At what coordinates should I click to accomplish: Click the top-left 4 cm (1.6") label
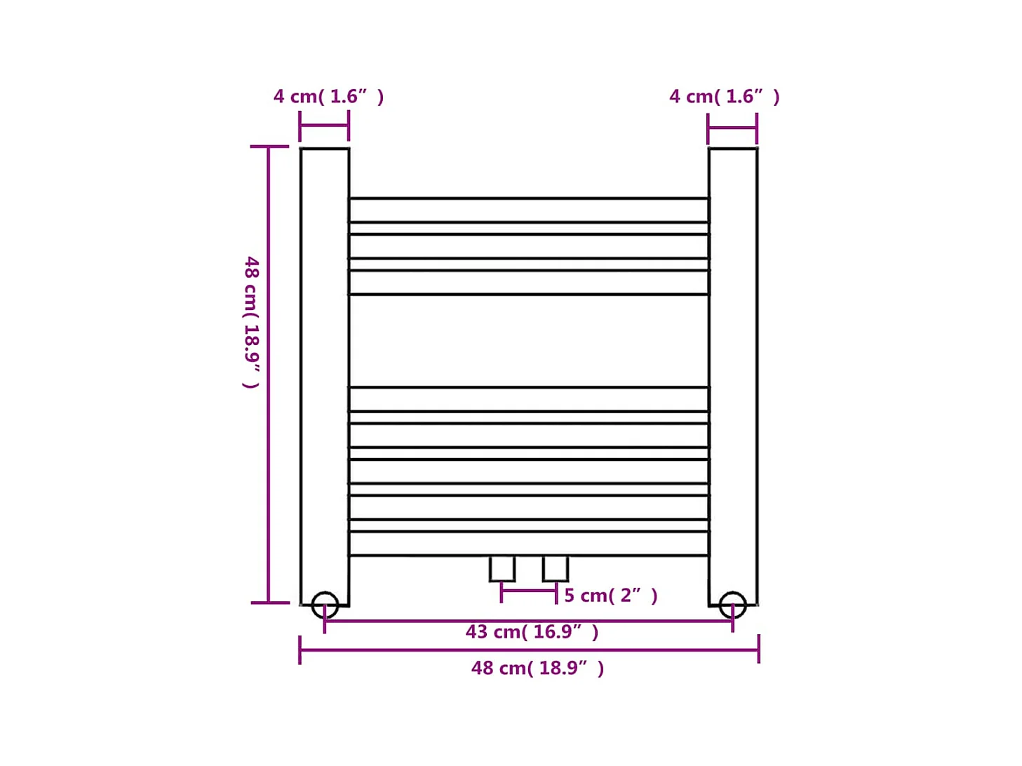click(x=328, y=97)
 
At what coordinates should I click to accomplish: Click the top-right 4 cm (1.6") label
click(x=724, y=97)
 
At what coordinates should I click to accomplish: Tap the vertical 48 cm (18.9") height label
click(x=252, y=322)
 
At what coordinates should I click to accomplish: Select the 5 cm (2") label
click(x=610, y=596)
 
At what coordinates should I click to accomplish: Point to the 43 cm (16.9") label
click(x=532, y=632)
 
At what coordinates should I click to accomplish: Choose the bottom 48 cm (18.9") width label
click(x=537, y=668)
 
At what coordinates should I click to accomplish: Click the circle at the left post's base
click(x=325, y=605)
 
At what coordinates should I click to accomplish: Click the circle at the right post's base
click(x=732, y=605)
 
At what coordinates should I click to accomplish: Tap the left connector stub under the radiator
click(x=502, y=568)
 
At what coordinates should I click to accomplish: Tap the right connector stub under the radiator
click(x=556, y=568)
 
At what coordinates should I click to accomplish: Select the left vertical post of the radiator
click(x=325, y=372)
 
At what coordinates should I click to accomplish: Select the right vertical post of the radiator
click(x=733, y=372)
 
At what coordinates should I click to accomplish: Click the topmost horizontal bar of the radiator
click(x=529, y=210)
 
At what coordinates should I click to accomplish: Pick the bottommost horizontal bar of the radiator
click(x=529, y=544)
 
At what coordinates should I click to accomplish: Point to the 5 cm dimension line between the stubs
click(x=529, y=591)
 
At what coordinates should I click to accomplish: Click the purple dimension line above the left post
click(x=324, y=126)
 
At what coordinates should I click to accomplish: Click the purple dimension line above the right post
click(x=732, y=128)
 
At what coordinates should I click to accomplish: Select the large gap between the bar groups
click(x=529, y=341)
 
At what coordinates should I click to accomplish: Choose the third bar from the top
click(x=529, y=283)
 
